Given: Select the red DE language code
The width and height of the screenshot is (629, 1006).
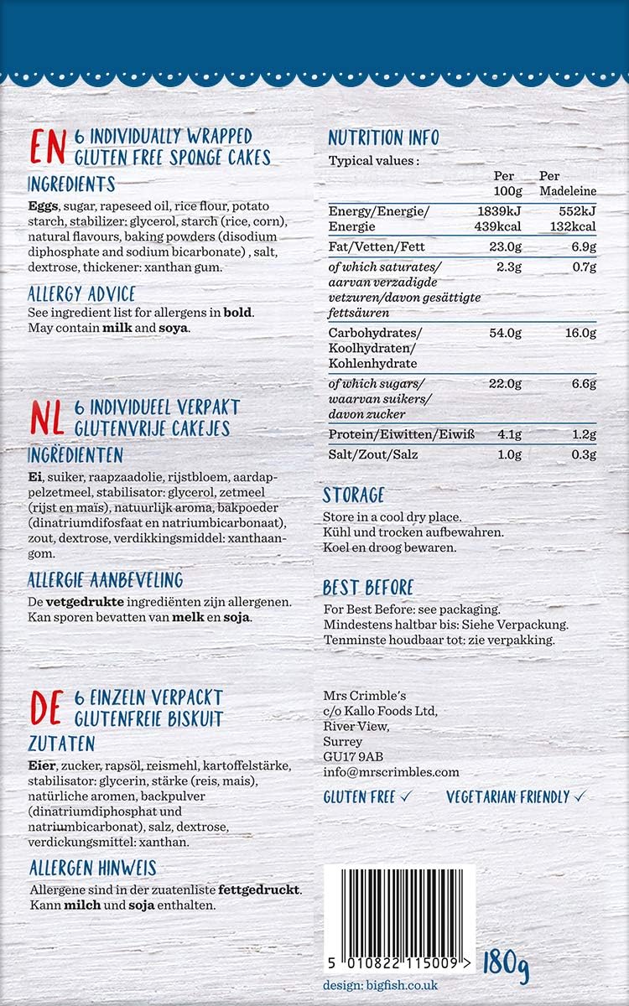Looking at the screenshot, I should [x=47, y=708].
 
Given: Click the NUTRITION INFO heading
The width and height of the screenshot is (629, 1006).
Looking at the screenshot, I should [x=383, y=138].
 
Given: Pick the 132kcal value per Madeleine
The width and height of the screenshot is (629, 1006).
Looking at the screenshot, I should [x=573, y=226].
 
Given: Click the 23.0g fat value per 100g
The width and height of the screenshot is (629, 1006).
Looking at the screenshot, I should [x=505, y=246].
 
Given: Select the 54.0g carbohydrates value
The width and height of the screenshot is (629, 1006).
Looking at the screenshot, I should [x=505, y=333].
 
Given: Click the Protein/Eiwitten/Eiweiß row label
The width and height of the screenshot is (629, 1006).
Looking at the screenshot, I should [x=401, y=434].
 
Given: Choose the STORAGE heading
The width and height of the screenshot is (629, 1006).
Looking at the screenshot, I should [x=354, y=495].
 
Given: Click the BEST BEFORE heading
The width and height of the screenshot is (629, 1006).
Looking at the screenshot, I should [x=368, y=588].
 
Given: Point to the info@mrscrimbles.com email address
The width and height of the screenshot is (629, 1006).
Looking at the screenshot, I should [x=391, y=771].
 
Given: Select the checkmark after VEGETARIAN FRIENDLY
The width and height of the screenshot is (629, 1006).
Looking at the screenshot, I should [x=580, y=796].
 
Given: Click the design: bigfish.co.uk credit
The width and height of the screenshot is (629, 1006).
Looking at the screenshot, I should [x=380, y=986].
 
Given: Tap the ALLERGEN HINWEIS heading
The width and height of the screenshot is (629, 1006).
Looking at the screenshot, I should [x=92, y=868].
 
